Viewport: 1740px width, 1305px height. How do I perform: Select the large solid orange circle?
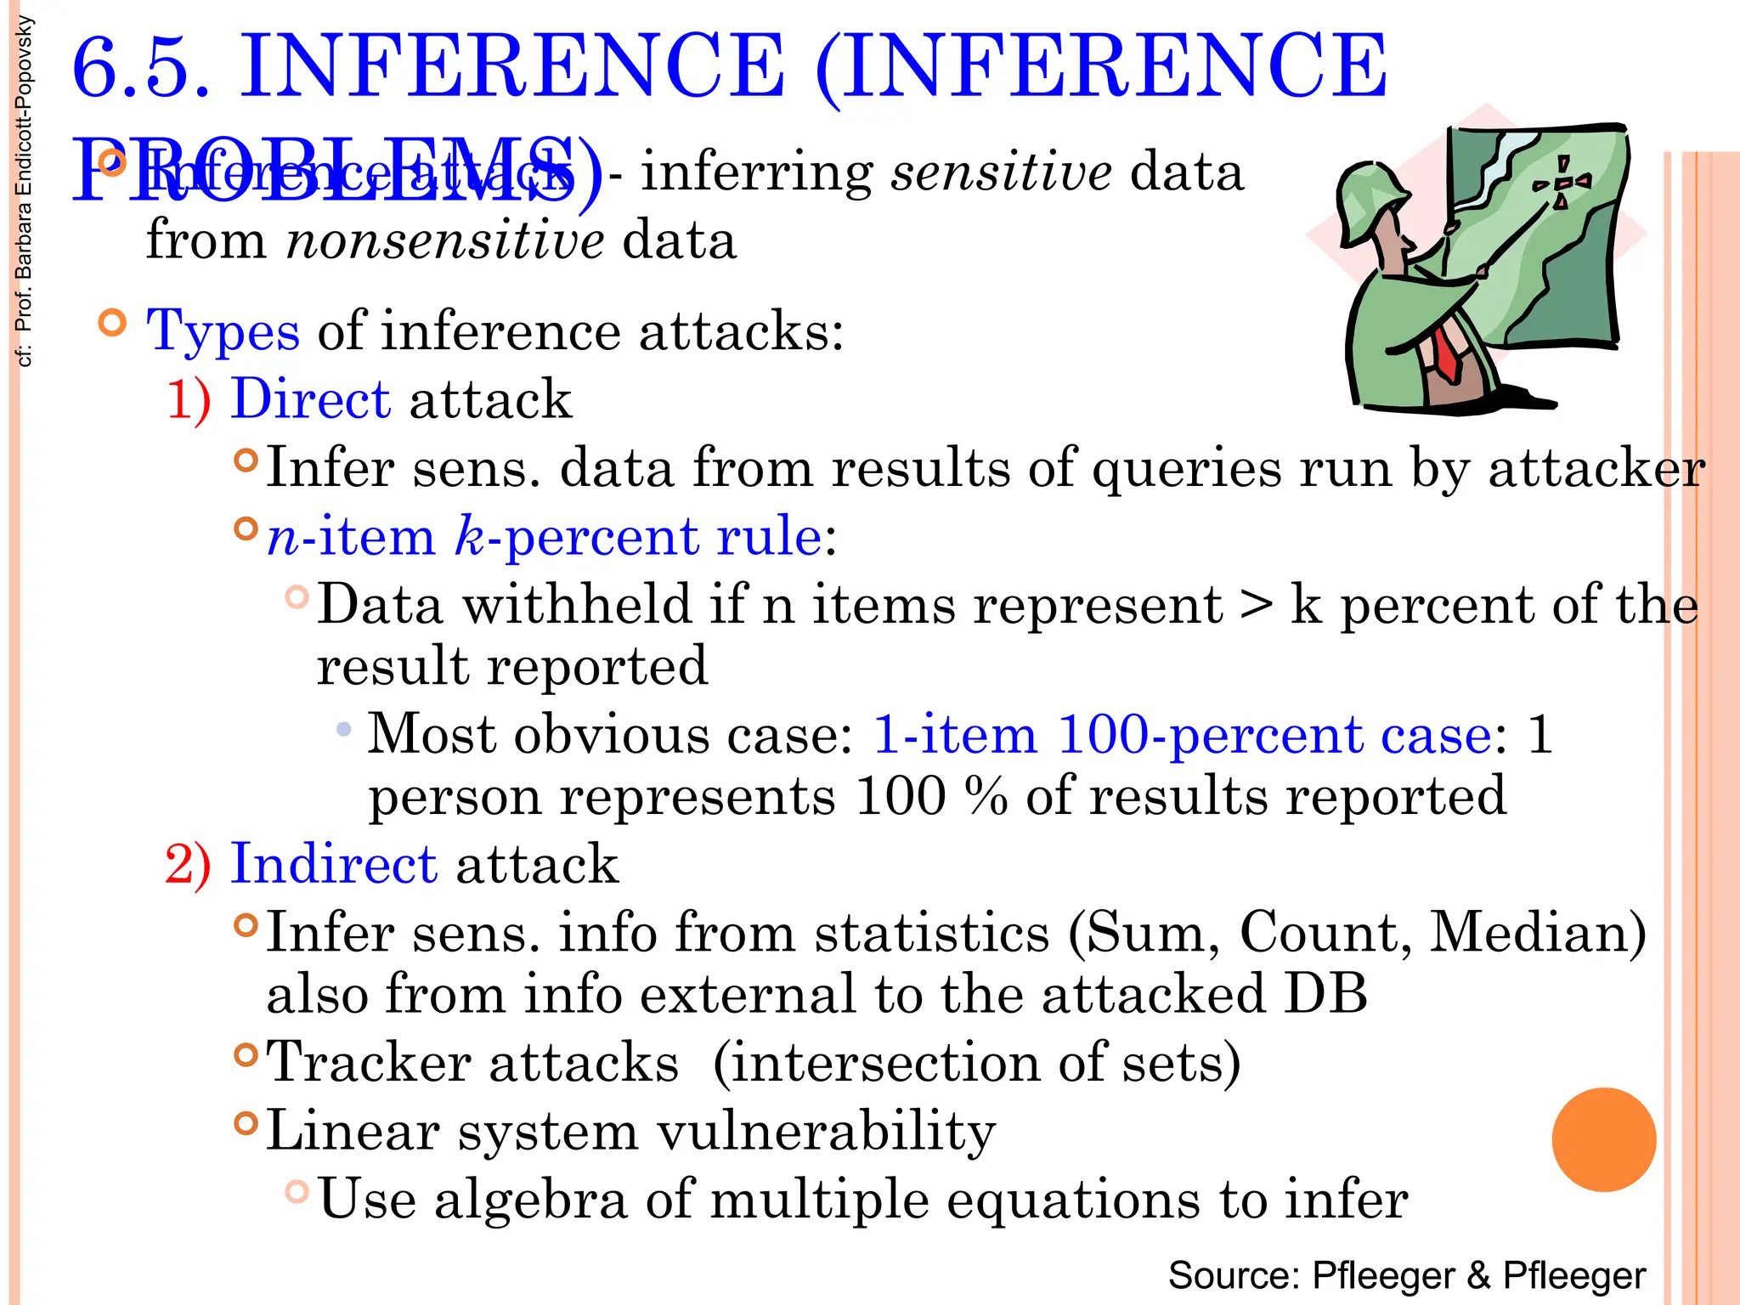click(x=1603, y=1139)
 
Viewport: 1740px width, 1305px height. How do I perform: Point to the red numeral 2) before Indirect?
click(x=188, y=864)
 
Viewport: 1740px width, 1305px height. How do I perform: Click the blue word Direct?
click(x=311, y=398)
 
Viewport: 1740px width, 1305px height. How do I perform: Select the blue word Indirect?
click(x=334, y=864)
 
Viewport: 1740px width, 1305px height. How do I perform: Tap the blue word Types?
click(x=223, y=331)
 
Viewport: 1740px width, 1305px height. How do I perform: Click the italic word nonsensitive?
click(x=445, y=240)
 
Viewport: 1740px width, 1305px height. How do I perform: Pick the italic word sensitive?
click(x=1001, y=172)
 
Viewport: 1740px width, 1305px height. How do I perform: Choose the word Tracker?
click(x=368, y=1063)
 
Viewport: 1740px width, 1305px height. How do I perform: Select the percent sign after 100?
click(x=986, y=796)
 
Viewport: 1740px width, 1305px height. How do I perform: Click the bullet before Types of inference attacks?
click(x=112, y=323)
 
